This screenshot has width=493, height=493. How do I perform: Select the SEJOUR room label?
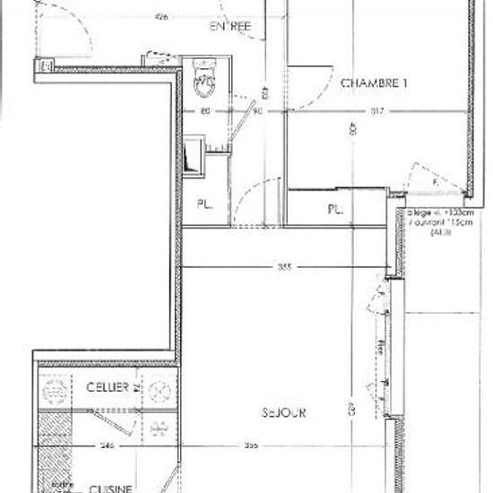coord(286,413)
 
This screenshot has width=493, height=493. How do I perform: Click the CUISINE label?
coord(110,488)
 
